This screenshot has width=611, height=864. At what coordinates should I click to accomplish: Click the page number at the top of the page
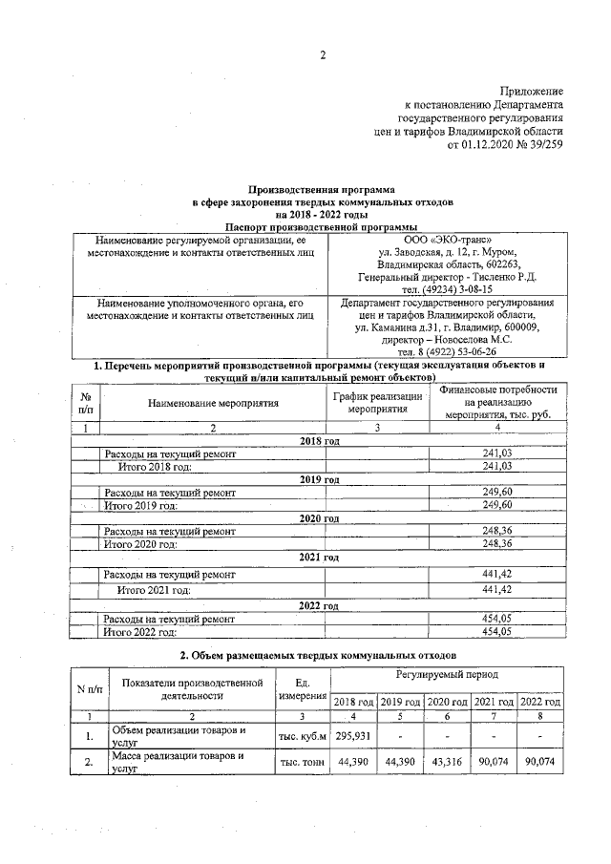point(323,54)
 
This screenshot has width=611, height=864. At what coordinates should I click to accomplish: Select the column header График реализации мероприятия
point(377,402)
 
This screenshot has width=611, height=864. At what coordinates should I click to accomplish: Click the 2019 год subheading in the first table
point(322,478)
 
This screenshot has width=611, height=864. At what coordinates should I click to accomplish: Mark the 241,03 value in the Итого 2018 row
point(497,466)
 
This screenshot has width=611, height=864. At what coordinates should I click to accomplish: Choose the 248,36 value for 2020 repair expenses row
point(497,530)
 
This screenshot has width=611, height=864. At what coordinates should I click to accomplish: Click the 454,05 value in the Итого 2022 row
point(497,631)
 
